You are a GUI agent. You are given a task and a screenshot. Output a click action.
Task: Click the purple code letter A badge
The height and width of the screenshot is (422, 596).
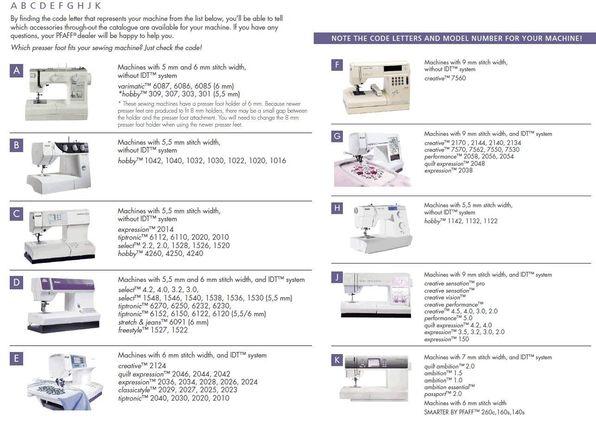[x=16, y=70]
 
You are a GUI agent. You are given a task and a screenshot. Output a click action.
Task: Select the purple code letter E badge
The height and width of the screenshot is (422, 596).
[x=16, y=358]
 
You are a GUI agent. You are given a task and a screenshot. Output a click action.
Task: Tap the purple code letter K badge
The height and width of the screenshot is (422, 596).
[x=337, y=360]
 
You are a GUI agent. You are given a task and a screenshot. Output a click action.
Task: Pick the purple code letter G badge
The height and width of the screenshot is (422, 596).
[x=337, y=136]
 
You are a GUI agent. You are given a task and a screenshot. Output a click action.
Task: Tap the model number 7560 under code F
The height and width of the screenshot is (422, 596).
[x=458, y=78]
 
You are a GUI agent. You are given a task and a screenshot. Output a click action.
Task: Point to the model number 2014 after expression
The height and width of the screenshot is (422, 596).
[x=165, y=230]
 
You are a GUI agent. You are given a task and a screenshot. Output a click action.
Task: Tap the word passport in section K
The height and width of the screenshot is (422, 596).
[x=437, y=394]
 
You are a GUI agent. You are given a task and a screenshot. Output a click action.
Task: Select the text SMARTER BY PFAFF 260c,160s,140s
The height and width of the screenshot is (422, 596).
[x=474, y=412]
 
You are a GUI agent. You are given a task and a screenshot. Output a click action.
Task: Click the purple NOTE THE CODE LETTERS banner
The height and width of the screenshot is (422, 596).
[x=455, y=38]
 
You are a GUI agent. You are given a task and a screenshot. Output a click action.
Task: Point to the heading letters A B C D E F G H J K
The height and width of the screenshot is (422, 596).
[x=55, y=6]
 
